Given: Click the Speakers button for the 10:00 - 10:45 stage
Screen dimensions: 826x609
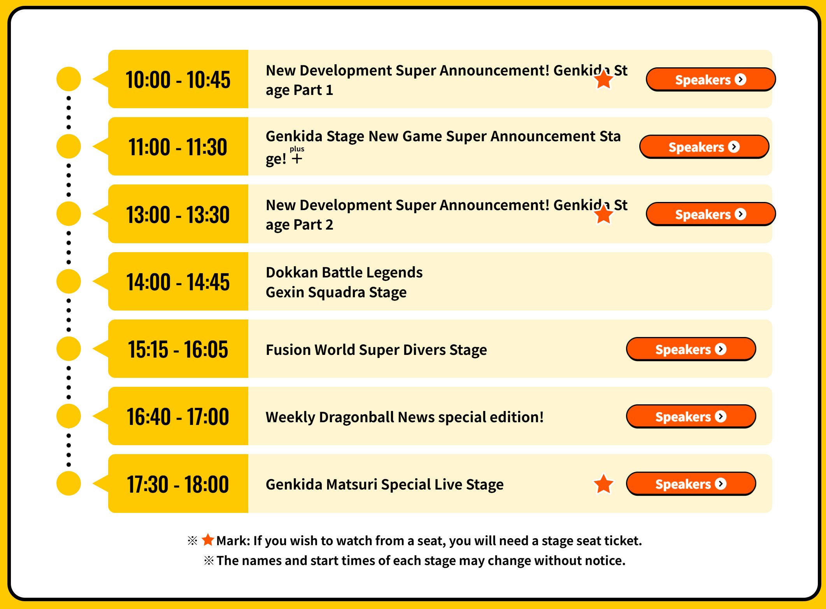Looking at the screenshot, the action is click(x=711, y=79).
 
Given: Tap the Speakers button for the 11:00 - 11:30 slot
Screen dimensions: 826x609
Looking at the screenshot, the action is click(x=704, y=147).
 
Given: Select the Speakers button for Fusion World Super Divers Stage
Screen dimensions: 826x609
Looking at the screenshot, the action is click(x=691, y=349).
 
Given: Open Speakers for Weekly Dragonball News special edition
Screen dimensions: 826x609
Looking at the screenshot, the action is click(x=691, y=416).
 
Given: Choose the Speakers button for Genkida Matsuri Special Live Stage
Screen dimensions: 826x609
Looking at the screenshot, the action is click(x=691, y=484).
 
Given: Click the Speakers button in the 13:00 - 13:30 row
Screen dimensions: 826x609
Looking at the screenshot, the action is click(x=711, y=214).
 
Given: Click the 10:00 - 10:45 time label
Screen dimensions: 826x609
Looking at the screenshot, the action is click(x=178, y=80).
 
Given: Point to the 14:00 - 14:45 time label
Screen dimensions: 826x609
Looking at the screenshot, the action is click(x=178, y=282).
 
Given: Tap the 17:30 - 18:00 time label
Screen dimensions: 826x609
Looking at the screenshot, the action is click(x=178, y=484).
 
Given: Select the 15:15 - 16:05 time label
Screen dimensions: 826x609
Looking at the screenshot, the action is click(x=178, y=349).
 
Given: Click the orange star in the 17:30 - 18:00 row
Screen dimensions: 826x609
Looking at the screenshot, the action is click(x=603, y=484).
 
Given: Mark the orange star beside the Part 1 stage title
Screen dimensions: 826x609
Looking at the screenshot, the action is click(x=603, y=79).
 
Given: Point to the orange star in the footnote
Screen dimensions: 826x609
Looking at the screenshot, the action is click(x=208, y=540).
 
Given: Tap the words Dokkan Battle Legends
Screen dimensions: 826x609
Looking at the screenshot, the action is click(x=344, y=272).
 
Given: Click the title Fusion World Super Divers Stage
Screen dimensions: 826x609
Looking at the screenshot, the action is click(x=376, y=349).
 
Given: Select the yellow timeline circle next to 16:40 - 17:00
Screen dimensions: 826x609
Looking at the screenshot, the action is click(x=68, y=416).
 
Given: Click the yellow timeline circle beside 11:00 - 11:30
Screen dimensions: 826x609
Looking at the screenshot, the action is click(x=68, y=146).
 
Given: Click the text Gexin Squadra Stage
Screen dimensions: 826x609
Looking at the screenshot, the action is click(x=336, y=292).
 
